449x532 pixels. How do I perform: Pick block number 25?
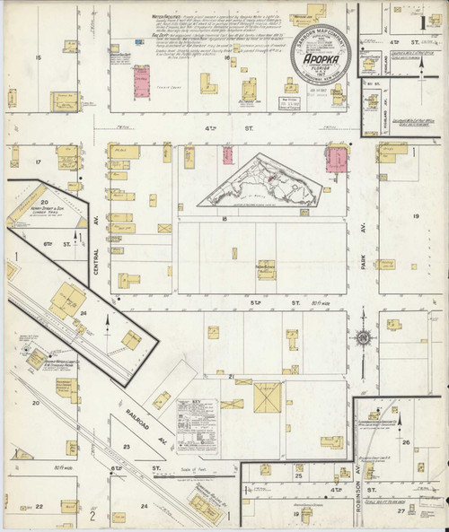tap(298, 475)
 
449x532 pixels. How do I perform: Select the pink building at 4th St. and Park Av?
tap(339, 161)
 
